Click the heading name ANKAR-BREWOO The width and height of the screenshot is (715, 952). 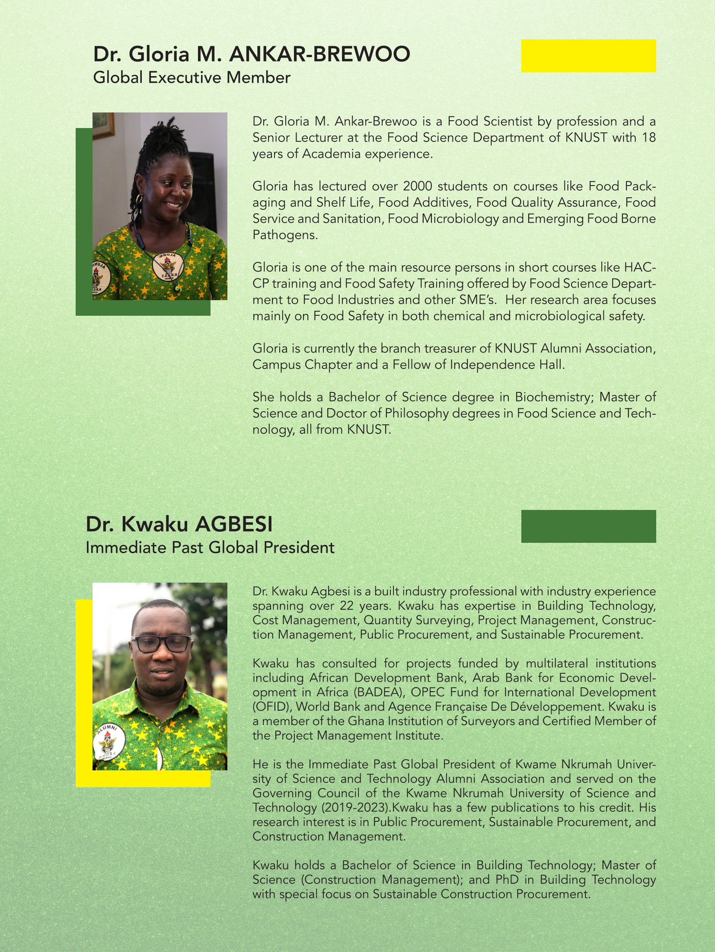click(x=319, y=54)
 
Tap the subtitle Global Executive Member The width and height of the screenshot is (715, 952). click(x=192, y=78)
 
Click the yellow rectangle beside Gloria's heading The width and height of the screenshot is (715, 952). click(x=588, y=56)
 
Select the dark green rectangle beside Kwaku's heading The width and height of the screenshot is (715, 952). click(x=588, y=526)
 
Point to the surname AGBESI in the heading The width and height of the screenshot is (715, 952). click(x=234, y=524)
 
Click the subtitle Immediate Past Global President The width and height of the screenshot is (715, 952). click(x=210, y=548)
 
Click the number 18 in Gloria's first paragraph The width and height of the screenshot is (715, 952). click(x=649, y=138)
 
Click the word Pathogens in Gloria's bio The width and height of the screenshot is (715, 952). click(x=285, y=235)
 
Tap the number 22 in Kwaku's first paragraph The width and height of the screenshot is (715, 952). click(x=347, y=606)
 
